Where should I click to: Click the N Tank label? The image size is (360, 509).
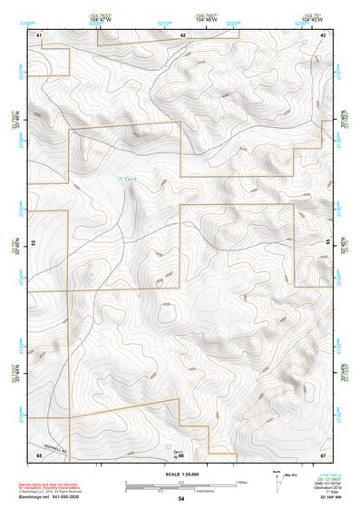(129, 179)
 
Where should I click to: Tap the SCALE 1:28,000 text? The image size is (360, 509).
(180, 474)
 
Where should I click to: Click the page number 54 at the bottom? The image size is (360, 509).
(180, 499)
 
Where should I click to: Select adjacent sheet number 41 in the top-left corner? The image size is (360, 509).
(39, 34)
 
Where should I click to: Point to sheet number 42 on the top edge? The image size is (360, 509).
(182, 34)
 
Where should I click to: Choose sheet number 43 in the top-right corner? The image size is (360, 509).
(324, 34)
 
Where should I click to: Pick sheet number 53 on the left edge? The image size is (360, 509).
(34, 243)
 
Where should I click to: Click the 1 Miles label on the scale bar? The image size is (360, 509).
(240, 482)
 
